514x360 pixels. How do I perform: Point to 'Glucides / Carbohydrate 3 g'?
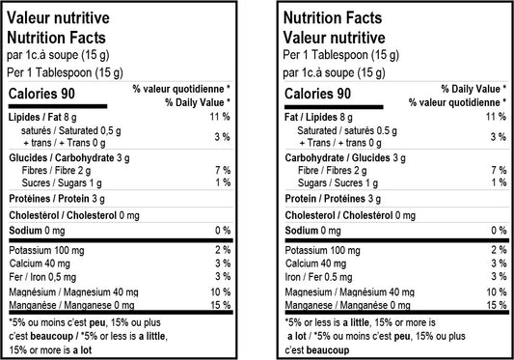pos(70,157)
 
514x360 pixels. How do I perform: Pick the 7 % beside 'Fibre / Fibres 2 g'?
pos(500,170)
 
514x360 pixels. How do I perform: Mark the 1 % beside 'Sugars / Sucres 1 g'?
pos(500,182)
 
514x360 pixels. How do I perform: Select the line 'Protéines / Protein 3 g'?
pos(57,199)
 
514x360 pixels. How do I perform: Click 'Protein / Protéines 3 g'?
pos(333,199)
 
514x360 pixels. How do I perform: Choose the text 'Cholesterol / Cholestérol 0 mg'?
pos(350,214)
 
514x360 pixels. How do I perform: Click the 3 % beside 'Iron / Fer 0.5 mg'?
pos(500,277)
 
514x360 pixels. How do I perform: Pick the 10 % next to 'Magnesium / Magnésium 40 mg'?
pos(497,291)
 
